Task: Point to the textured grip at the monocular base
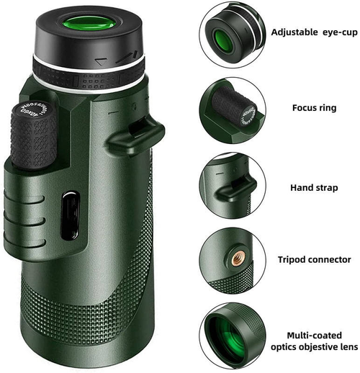(108, 317)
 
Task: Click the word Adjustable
(293, 32)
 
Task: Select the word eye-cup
(336, 32)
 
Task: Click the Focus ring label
(315, 108)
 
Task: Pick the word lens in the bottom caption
(347, 348)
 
